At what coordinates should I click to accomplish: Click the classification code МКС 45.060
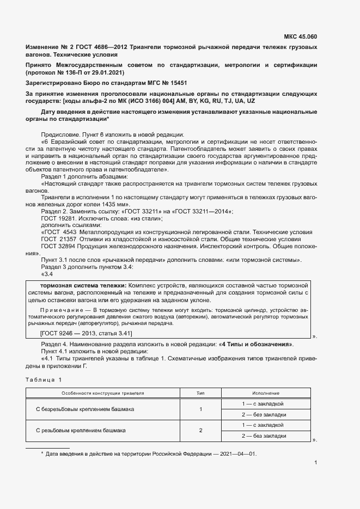pyautogui.click(x=300, y=37)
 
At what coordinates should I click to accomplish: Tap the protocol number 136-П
pyautogui.click(x=72, y=72)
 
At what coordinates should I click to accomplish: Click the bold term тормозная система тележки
pyautogui.click(x=82, y=285)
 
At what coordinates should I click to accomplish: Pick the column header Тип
pyautogui.click(x=200, y=393)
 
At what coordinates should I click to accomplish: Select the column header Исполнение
pyautogui.click(x=265, y=393)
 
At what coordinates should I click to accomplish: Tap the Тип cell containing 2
pyautogui.click(x=200, y=430)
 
